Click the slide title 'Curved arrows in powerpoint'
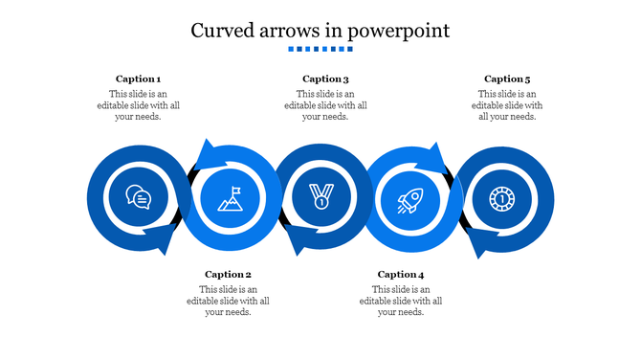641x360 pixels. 320,30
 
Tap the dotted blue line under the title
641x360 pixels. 320,49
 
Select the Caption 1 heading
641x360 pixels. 138,79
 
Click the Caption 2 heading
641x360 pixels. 228,274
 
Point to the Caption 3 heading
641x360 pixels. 325,79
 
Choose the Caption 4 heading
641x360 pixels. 400,274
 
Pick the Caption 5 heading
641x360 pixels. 507,79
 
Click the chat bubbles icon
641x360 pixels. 139,198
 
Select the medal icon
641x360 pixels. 321,198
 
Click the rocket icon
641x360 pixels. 411,200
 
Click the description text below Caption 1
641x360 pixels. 138,105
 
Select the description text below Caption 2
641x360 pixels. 228,301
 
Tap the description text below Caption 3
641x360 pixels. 325,105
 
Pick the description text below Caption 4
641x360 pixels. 400,301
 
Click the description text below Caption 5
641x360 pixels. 507,105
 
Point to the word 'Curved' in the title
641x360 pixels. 222,30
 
